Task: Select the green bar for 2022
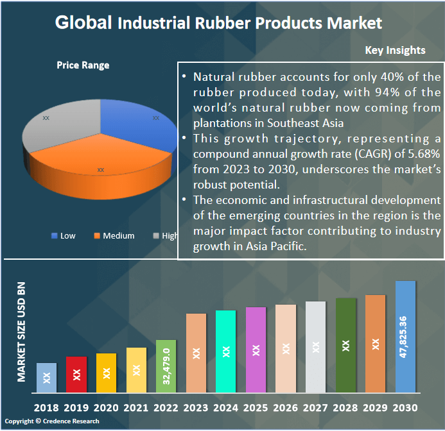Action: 166,366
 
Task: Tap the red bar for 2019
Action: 76,374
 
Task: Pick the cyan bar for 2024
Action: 225,351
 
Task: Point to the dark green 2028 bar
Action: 345,344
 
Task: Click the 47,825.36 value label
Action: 403,337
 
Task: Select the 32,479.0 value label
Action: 166,366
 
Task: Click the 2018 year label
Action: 46,408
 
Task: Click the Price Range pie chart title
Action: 83,65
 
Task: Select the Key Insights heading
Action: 395,50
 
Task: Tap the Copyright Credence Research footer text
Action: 52,421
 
